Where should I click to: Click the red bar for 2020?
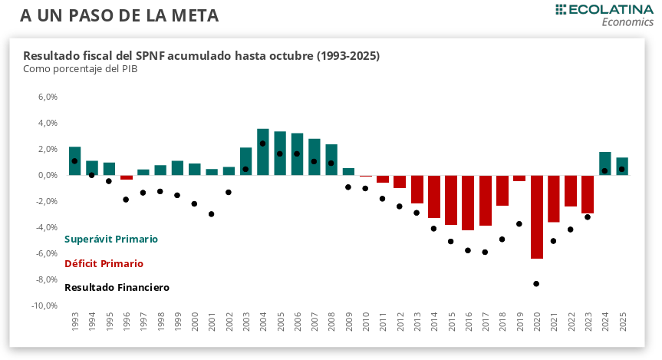pos(536,216)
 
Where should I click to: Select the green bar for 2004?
pos(263,152)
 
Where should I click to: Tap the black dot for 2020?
pos(536,284)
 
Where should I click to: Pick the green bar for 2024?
pos(604,163)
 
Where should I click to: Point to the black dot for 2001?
pos(211,214)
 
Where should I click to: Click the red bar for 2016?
pos(468,203)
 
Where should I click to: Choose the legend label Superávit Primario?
pos(111,239)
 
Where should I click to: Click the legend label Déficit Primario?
pos(104,263)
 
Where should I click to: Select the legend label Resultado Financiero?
pos(117,288)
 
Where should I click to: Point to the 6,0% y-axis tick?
pos(48,97)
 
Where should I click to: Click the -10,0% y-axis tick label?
pos(44,306)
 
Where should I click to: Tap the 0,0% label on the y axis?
pos(48,176)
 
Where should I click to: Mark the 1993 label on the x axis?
pos(75,322)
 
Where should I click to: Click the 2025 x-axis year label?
pos(622,322)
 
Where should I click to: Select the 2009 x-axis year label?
pos(348,322)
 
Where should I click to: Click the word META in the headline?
pos(196,15)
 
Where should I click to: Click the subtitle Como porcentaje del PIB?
pos(80,69)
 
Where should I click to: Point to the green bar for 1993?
pos(74,161)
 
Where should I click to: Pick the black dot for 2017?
pos(485,252)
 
